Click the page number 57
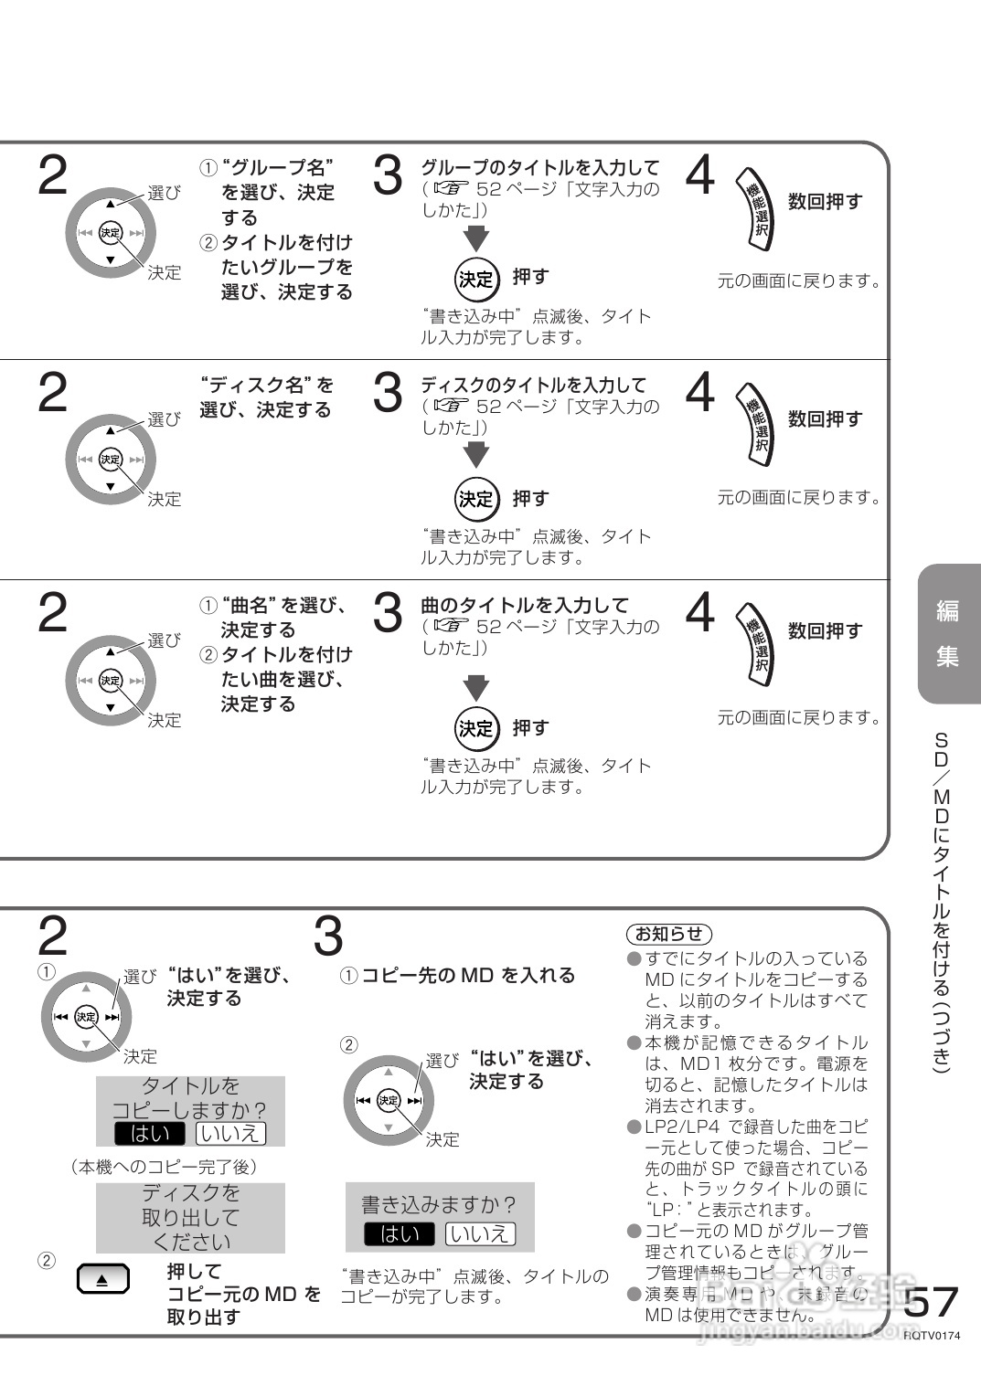(x=932, y=1301)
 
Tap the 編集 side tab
(x=947, y=633)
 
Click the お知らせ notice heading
(x=668, y=933)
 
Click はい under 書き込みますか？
(x=399, y=1233)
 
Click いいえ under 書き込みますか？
(x=480, y=1233)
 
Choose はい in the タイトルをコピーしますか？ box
(x=149, y=1134)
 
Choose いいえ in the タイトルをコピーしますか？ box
(x=230, y=1134)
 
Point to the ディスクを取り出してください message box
(x=190, y=1218)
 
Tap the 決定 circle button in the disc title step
(x=475, y=499)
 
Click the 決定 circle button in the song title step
(x=475, y=728)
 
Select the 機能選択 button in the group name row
(x=758, y=209)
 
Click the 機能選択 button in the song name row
(x=758, y=640)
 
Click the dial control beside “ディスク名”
(x=111, y=460)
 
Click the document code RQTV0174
(x=932, y=1335)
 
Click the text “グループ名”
(x=277, y=167)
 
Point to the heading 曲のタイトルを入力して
(x=524, y=605)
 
